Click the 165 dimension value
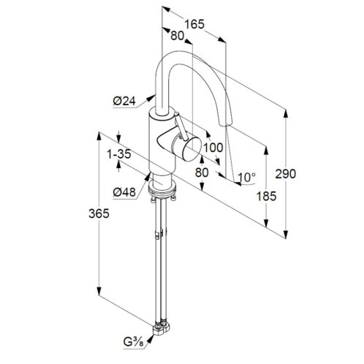[194, 25]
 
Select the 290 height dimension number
[286, 174]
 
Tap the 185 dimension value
[267, 196]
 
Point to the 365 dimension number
[99, 214]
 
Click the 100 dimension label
[213, 148]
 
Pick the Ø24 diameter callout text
[124, 101]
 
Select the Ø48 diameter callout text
[124, 192]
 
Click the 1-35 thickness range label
[119, 154]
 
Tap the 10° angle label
[246, 178]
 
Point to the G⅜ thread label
[134, 343]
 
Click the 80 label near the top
[177, 36]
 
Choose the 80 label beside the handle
[202, 172]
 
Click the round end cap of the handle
[192, 149]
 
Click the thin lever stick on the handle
[181, 126]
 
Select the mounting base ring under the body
[162, 189]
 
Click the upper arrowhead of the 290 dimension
[286, 114]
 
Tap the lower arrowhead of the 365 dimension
[99, 292]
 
